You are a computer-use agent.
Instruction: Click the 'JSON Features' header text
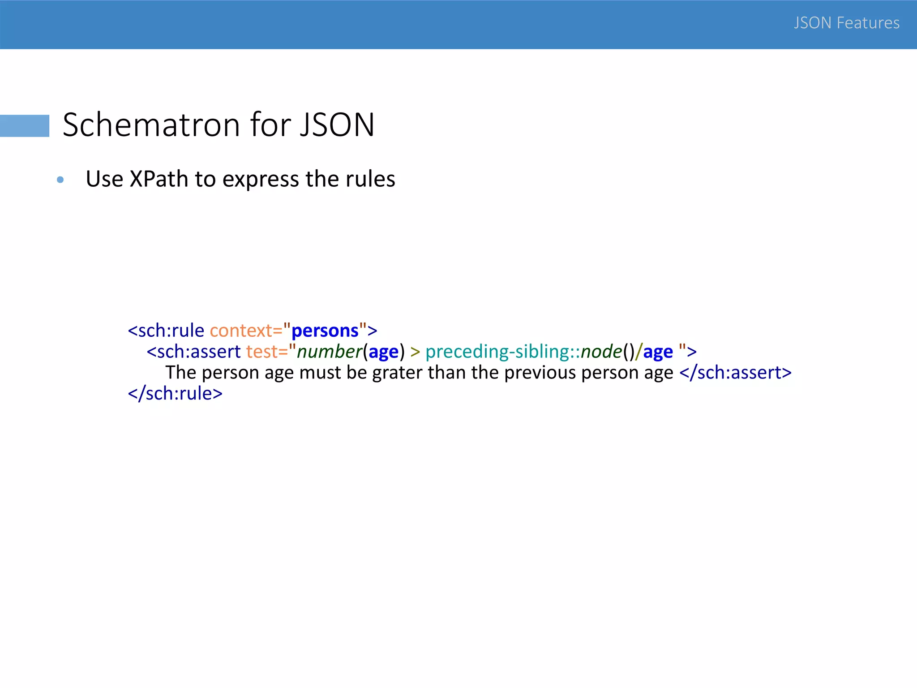(846, 23)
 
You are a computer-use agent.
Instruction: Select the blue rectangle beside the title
(25, 125)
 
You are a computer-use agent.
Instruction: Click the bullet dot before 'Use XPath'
(60, 180)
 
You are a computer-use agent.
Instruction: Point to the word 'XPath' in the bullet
(159, 179)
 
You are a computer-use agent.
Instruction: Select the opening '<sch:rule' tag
(166, 331)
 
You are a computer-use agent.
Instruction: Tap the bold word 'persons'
(325, 331)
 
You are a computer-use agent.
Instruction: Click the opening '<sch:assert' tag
(193, 352)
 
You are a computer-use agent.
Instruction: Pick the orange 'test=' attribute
(266, 352)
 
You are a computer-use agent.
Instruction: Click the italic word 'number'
(329, 352)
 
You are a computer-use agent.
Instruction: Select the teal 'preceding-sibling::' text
(502, 352)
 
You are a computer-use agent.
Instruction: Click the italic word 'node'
(601, 352)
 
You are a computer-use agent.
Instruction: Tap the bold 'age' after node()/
(658, 352)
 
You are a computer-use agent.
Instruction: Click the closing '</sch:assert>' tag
(735, 373)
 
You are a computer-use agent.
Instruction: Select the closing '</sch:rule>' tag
(175, 394)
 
